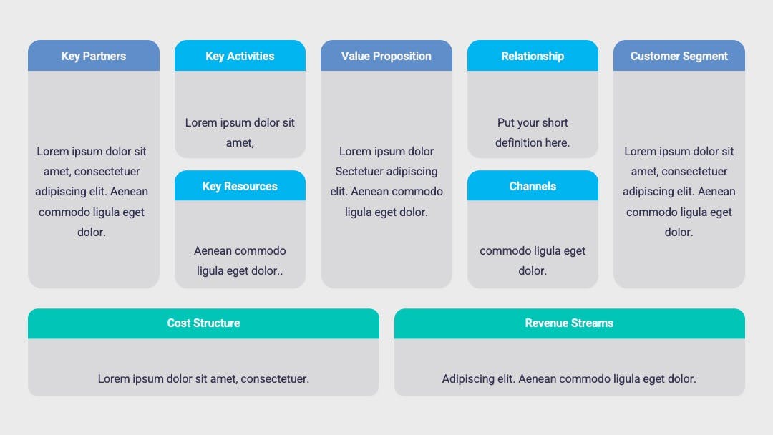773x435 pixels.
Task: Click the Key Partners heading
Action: click(x=94, y=56)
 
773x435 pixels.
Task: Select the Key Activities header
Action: click(x=240, y=56)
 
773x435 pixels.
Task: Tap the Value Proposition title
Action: click(x=386, y=56)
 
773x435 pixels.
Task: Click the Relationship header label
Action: click(x=533, y=56)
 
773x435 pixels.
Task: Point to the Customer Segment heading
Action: click(x=679, y=56)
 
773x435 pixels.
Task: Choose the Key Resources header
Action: click(x=240, y=186)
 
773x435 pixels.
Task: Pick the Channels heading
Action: click(x=533, y=186)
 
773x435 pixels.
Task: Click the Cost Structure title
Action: click(x=203, y=323)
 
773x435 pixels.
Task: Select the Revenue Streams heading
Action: click(x=569, y=323)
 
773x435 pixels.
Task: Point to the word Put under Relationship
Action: click(x=506, y=122)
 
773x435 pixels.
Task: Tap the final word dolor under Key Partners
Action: click(x=91, y=232)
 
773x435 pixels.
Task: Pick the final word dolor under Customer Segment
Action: click(x=679, y=232)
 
